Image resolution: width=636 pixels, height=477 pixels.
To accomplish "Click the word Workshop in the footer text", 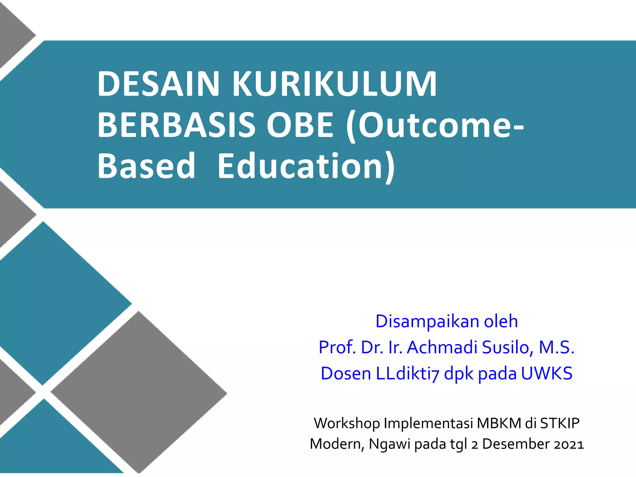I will point(347,423).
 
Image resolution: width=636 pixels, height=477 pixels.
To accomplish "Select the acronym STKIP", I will point(560,423).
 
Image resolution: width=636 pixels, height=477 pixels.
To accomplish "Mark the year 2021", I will point(569,444).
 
